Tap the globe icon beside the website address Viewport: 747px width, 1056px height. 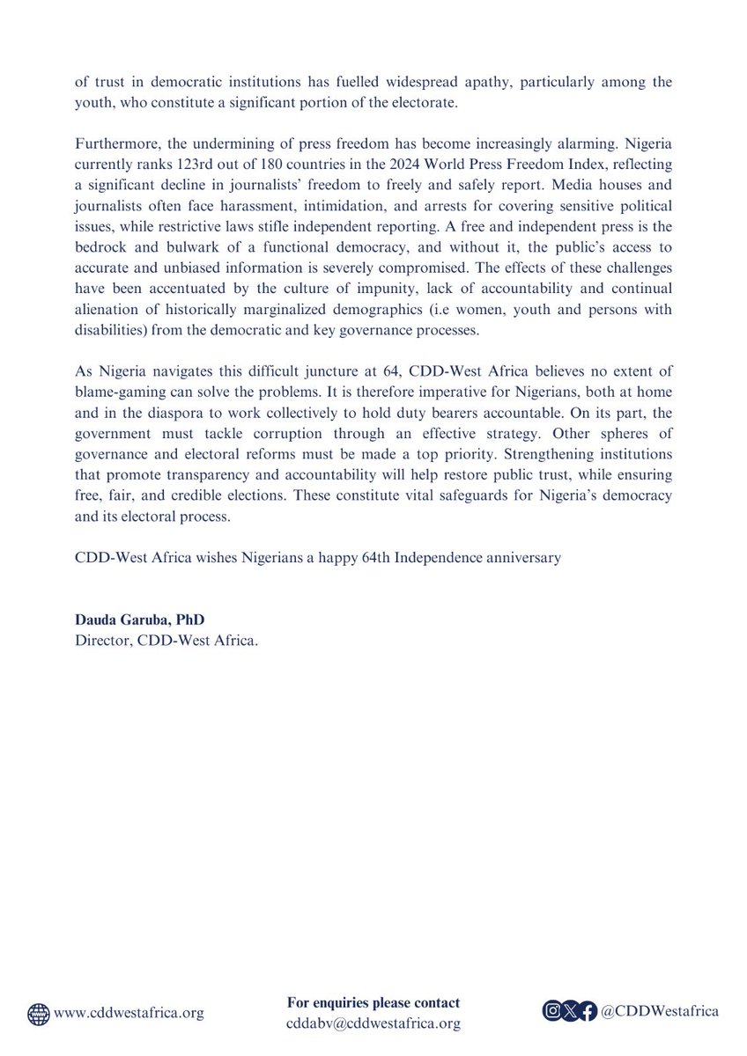click(39, 1013)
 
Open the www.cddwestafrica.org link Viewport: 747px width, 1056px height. click(129, 1013)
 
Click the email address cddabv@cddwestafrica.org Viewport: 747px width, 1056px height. click(373, 1023)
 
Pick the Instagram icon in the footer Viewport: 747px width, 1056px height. click(551, 1012)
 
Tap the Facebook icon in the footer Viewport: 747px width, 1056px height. click(589, 1012)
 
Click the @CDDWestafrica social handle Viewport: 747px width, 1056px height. click(660, 1012)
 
